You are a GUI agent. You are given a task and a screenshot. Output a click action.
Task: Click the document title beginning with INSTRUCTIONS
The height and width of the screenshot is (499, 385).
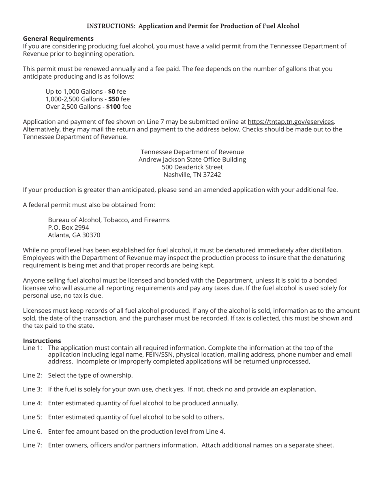point(193,26)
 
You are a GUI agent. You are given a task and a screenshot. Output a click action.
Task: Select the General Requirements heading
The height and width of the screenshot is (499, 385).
point(58,39)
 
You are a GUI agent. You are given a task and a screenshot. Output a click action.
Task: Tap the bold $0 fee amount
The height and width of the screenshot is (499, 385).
point(111,92)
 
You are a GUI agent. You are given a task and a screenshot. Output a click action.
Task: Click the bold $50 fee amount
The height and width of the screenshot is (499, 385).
point(113,99)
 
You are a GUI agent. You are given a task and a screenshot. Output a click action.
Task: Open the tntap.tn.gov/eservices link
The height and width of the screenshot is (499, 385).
point(291,122)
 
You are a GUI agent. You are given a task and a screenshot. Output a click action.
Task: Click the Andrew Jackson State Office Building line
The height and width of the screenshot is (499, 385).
point(192,159)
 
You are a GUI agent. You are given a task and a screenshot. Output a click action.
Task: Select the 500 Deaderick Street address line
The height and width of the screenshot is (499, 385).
point(192,167)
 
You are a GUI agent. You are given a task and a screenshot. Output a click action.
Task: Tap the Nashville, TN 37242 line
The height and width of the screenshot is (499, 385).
point(192,175)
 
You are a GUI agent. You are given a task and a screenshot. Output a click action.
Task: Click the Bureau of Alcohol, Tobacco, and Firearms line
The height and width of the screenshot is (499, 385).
point(109,220)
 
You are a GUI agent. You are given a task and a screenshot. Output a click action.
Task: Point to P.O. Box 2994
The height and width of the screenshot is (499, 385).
point(68,228)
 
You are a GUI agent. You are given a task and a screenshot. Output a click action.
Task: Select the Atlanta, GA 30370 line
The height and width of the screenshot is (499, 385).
point(74,235)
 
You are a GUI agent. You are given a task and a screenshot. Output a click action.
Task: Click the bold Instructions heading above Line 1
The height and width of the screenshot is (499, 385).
point(42,341)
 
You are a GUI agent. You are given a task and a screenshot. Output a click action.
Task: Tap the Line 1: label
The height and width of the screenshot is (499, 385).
point(32,348)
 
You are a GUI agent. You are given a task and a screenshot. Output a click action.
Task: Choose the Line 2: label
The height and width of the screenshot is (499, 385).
point(32,375)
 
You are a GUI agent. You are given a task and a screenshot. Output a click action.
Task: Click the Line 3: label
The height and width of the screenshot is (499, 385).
point(32,389)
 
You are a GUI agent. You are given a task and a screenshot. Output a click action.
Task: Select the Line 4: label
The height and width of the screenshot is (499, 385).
point(32,403)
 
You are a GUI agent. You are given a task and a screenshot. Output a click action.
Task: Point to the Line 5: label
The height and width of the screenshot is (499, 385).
point(32,417)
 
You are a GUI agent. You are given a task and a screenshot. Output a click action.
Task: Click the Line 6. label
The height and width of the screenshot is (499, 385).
point(32,431)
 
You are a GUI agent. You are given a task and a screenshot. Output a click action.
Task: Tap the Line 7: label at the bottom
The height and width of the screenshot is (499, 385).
point(32,445)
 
